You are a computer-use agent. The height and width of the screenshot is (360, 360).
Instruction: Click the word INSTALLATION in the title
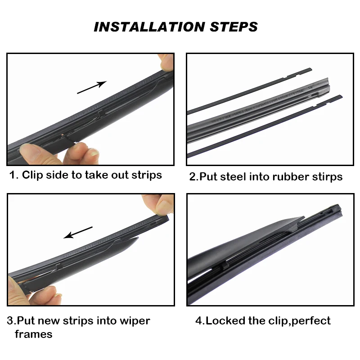click(x=149, y=27)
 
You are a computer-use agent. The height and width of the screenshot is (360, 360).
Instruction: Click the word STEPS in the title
click(x=234, y=27)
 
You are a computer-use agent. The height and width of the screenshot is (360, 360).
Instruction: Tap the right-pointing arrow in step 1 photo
click(x=92, y=87)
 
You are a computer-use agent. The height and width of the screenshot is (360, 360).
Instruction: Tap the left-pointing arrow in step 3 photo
click(x=78, y=232)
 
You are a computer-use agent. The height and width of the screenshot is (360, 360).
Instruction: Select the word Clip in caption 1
click(x=32, y=175)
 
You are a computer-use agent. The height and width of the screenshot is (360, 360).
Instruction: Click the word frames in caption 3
click(x=33, y=334)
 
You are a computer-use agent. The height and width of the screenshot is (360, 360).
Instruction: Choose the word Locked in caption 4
click(x=225, y=320)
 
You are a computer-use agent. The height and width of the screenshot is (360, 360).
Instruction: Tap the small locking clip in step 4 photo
click(x=225, y=266)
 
